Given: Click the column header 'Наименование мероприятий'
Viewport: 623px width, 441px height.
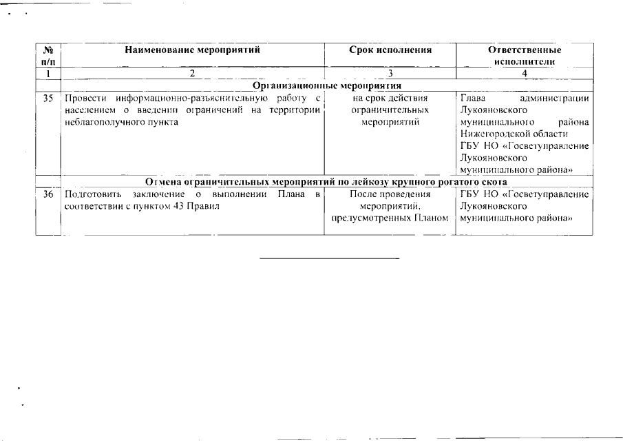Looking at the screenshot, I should (192, 50).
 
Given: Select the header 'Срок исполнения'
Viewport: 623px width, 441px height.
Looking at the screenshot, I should (390, 50).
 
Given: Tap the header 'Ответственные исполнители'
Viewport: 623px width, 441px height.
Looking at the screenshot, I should (524, 56).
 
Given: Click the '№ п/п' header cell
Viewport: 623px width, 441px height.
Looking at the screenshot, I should (48, 56).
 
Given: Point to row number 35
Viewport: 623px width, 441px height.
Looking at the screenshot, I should (48, 98).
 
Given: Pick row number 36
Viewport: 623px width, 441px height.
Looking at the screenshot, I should (48, 194).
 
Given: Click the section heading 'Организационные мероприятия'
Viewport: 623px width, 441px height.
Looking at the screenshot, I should (327, 85).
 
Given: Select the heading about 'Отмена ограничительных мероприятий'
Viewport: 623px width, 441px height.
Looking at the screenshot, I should (327, 182).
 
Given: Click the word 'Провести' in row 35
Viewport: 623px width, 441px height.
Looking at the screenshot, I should (83, 98).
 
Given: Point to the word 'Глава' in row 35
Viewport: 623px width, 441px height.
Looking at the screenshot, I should (472, 98).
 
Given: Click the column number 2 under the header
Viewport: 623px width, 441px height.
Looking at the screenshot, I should (192, 73).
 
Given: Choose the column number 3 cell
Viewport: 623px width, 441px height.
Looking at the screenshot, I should (390, 73).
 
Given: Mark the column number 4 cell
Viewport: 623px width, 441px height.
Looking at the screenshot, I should (524, 73).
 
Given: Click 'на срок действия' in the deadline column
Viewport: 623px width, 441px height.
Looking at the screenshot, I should (390, 98).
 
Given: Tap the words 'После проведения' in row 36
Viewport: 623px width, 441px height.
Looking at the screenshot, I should (390, 194).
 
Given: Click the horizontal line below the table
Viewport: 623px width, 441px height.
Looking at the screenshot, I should (330, 258).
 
